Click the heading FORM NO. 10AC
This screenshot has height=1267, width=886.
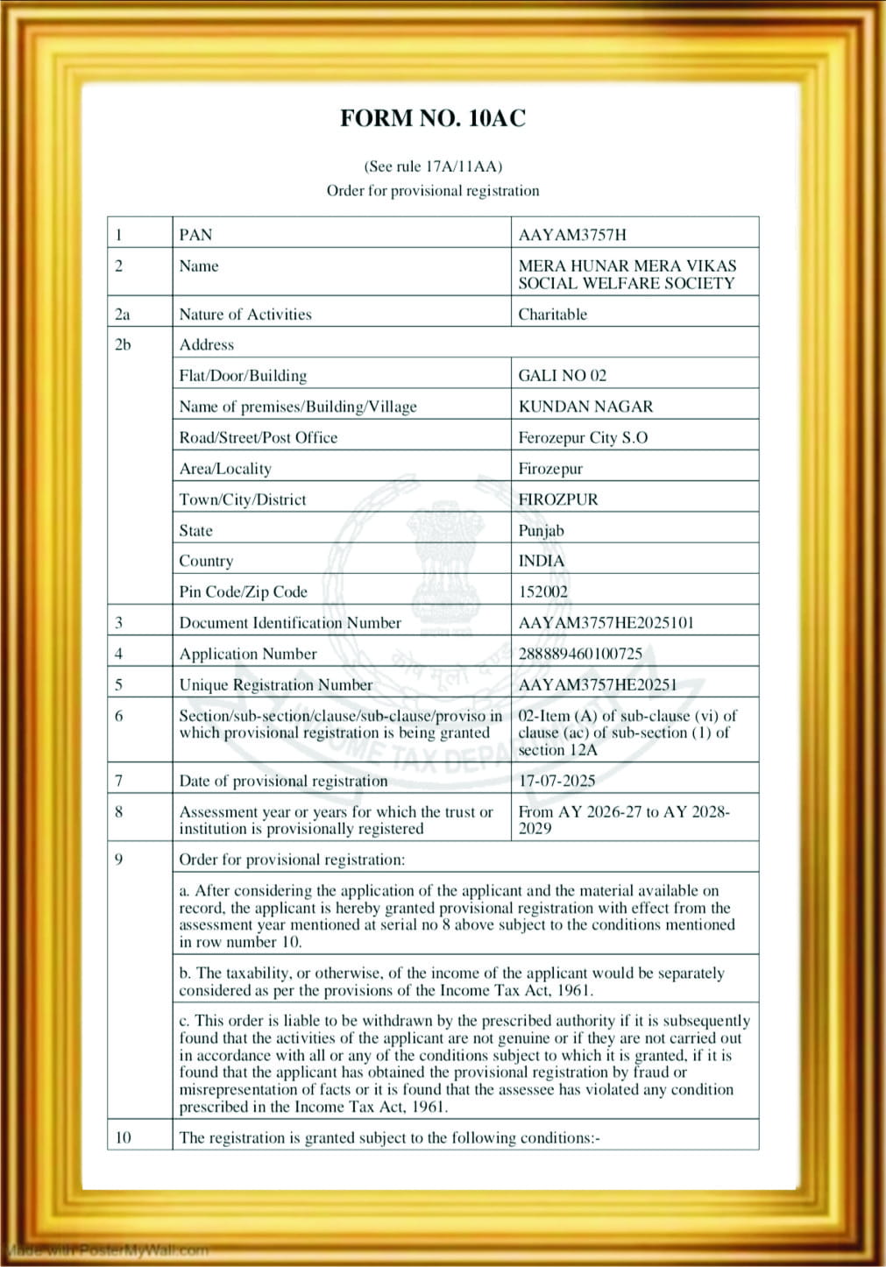(433, 119)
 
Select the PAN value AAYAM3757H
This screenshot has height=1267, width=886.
(572, 235)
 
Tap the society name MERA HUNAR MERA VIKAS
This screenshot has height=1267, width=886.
(627, 265)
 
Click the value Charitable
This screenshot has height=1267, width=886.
(552, 315)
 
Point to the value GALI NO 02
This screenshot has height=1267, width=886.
(562, 376)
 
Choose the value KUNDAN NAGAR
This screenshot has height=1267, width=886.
(585, 407)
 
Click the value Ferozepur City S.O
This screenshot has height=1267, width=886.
(583, 437)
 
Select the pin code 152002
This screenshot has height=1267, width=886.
(542, 591)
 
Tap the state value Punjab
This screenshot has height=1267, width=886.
(541, 530)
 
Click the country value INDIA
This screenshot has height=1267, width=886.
(541, 561)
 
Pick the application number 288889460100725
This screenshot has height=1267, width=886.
(580, 654)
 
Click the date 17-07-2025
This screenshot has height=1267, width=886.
(556, 781)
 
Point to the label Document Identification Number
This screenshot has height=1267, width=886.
(290, 623)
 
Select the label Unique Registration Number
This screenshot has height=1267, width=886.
(276, 685)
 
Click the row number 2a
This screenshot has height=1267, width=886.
(123, 315)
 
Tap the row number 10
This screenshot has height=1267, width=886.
(123, 1137)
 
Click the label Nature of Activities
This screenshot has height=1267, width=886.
(245, 315)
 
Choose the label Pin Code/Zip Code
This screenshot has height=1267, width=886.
(243, 591)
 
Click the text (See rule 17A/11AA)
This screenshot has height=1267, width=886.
(433, 166)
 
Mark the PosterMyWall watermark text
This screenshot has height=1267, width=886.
(105, 1249)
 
